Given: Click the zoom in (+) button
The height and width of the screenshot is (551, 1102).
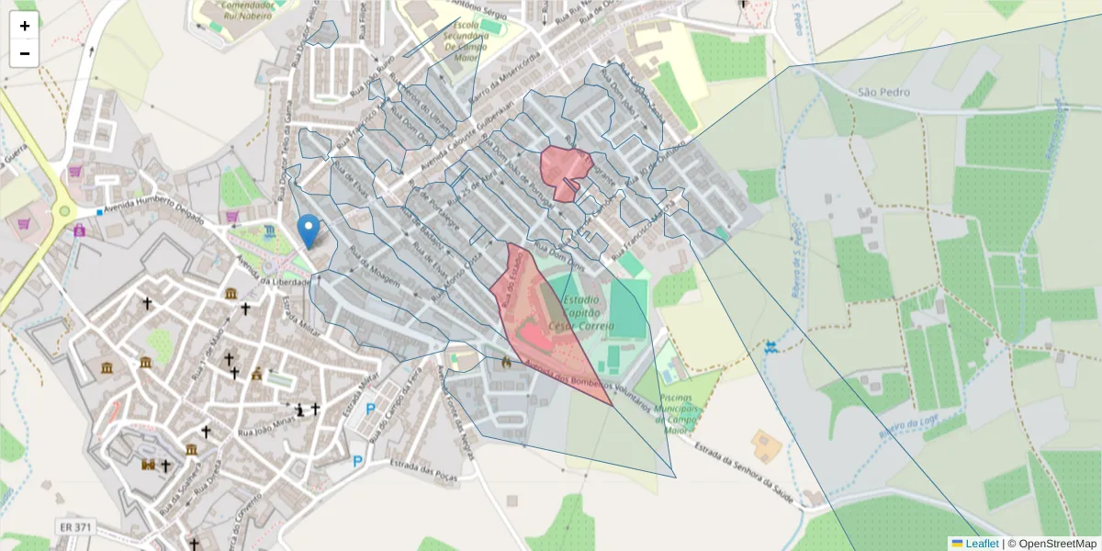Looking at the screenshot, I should point(25,26).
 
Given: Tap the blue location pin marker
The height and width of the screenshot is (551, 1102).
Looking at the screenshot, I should point(309,231).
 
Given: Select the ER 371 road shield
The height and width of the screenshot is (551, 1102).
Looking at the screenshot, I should point(74,526).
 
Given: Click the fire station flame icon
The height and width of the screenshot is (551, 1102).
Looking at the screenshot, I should point(505,363).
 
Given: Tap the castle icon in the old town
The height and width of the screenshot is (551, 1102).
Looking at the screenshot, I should point(147,465).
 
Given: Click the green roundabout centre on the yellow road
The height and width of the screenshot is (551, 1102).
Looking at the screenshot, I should point(64,211).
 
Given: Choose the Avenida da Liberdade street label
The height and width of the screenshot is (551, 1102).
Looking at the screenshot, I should point(272,274).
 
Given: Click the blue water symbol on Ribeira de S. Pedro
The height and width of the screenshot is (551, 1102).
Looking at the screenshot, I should point(770,347).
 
